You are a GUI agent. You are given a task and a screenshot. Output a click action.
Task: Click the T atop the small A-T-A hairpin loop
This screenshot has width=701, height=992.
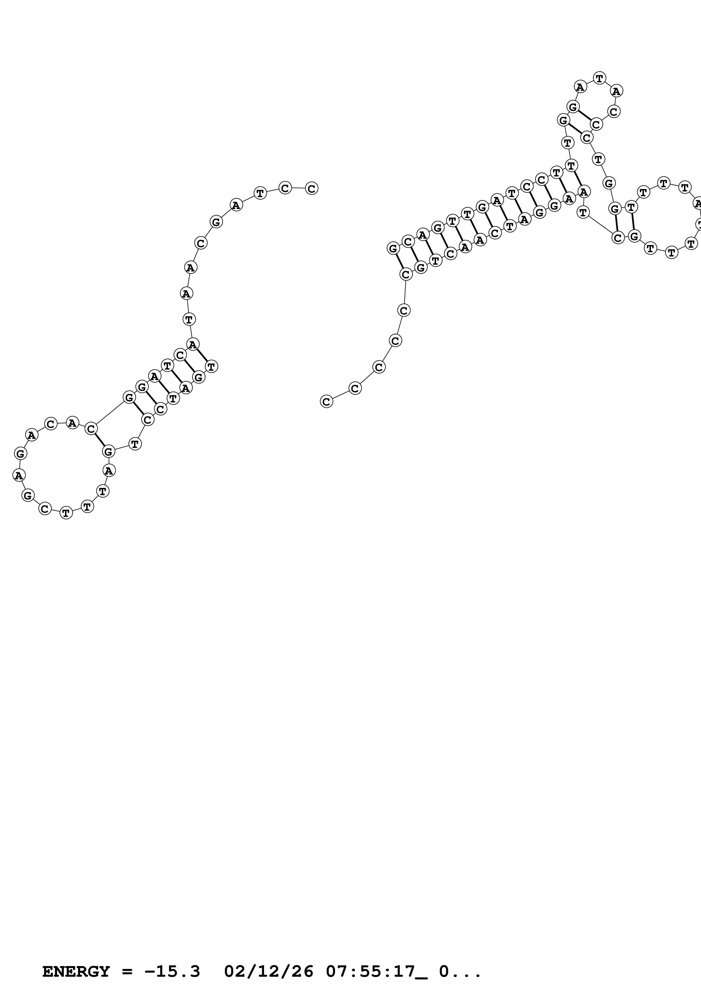599,78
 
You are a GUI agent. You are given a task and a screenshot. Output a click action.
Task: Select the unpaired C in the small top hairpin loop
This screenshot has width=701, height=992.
614,111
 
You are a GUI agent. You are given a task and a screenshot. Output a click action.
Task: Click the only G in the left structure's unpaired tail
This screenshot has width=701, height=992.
216,222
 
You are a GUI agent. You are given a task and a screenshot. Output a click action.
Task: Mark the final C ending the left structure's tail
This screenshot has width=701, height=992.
311,188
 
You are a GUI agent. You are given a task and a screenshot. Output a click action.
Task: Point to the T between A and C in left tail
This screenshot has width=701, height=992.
260,193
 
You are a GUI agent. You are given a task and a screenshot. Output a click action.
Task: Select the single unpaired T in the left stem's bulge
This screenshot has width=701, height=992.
135,444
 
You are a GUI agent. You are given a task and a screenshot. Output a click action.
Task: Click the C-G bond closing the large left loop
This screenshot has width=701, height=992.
99,440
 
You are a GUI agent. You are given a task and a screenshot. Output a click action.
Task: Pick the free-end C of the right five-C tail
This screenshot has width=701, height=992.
327,401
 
